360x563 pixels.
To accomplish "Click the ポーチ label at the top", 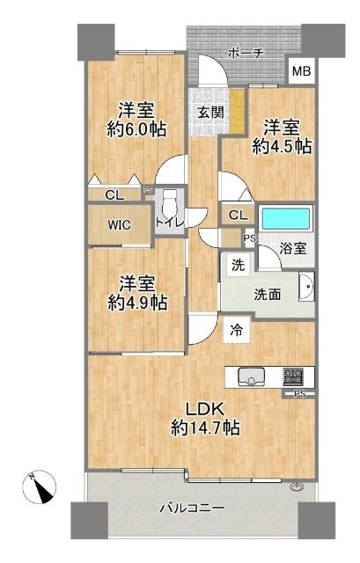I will tap(246, 54).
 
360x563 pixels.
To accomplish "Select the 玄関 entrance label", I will tap(209, 112).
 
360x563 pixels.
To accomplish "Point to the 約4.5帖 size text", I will tap(282, 146).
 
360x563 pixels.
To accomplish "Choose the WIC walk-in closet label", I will tap(120, 224).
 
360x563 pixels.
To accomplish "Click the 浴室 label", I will tap(294, 248).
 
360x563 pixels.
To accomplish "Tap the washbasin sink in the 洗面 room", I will tap(306, 286).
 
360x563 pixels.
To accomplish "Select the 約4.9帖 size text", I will tap(137, 302).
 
